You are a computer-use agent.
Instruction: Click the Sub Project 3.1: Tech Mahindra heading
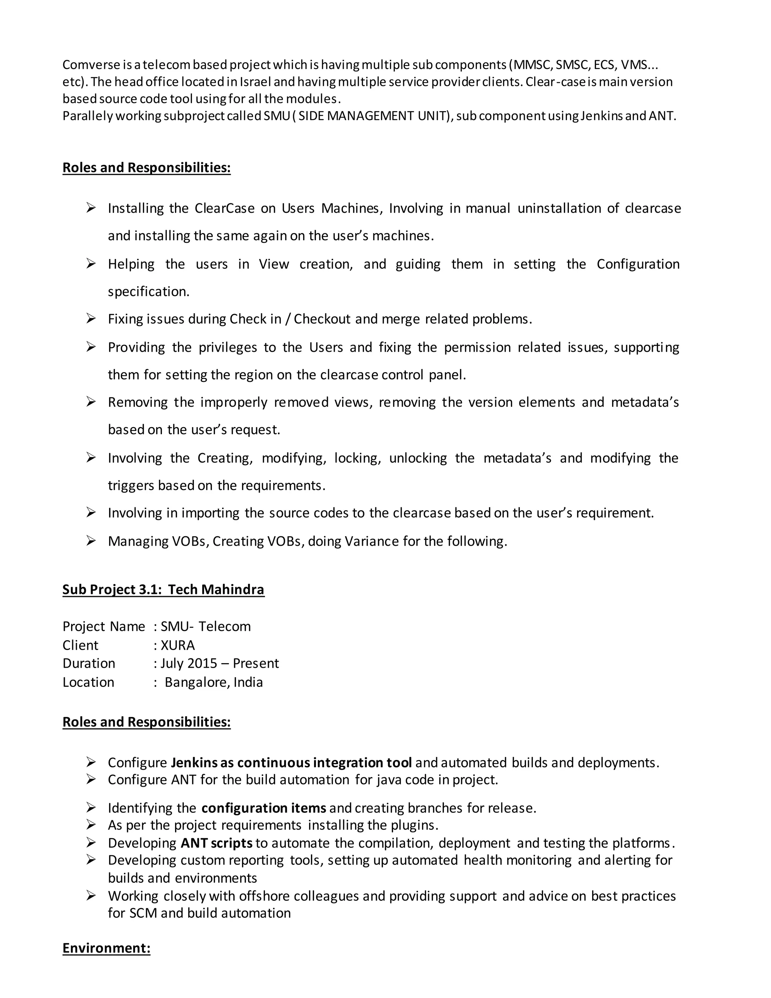163,589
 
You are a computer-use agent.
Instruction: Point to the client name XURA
178,645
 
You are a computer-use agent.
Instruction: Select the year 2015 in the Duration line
202,664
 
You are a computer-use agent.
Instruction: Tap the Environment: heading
106,948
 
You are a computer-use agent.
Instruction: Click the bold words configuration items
264,808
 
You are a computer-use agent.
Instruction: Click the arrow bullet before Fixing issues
91,319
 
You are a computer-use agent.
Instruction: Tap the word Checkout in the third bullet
322,319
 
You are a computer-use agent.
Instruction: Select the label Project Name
104,627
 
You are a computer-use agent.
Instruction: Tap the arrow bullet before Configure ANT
91,780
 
